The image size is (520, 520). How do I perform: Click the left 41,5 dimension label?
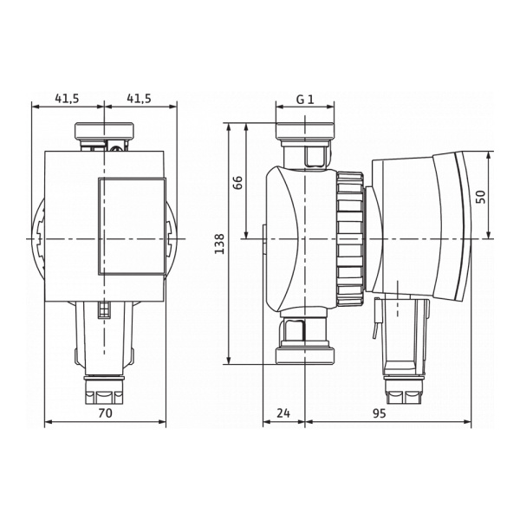pos(67,99)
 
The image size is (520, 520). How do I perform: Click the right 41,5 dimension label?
pos(140,99)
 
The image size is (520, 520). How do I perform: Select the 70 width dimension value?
pos(104,414)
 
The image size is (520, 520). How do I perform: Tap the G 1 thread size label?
pos(304,99)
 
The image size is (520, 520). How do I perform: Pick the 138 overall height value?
pos(219,244)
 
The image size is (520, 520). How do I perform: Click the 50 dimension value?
pos(483,196)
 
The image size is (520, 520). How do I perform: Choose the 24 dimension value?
pos(283,414)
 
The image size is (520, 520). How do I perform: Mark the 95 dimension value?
pos(379,414)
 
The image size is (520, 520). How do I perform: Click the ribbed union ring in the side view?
pos(348,238)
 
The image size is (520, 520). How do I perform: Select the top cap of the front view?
pos(104,133)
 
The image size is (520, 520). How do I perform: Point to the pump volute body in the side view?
pos(295,238)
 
